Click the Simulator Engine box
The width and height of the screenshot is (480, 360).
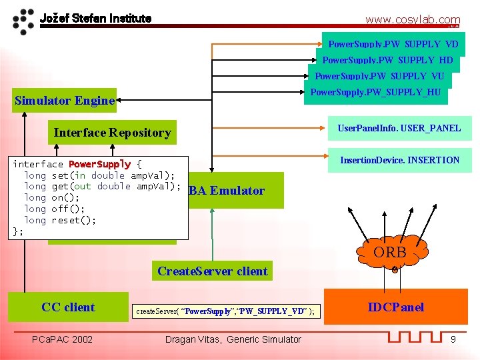pyautogui.click(x=65, y=101)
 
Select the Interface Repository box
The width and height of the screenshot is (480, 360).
pyautogui.click(x=112, y=133)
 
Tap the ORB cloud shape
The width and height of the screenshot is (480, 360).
pyautogui.click(x=389, y=253)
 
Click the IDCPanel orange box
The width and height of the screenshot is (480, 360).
pyautogui.click(x=396, y=307)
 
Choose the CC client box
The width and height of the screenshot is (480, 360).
pyautogui.click(x=68, y=307)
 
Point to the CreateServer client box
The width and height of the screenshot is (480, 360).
pyautogui.click(x=212, y=271)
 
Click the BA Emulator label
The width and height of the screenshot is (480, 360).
pyautogui.click(x=227, y=191)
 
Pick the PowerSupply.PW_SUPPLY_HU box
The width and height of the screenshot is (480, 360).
pyautogui.click(x=376, y=92)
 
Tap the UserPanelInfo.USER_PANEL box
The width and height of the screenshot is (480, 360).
pyautogui.click(x=399, y=128)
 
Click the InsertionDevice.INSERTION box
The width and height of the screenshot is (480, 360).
pyautogui.click(x=399, y=160)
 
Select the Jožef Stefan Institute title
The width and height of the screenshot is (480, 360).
pyautogui.click(x=95, y=18)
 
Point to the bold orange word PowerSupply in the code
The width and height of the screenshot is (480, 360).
pyautogui.click(x=99, y=164)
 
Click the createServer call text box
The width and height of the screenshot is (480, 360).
pyautogui.click(x=225, y=311)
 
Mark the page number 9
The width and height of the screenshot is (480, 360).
pyautogui.click(x=453, y=339)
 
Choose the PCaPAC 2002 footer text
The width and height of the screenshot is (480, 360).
pyautogui.click(x=63, y=339)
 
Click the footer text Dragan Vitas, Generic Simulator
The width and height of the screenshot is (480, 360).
pyautogui.click(x=233, y=339)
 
